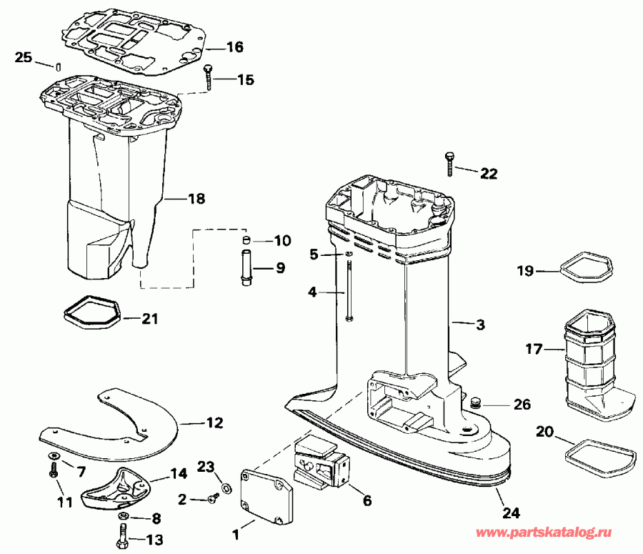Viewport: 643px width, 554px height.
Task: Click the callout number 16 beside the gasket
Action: [234, 48]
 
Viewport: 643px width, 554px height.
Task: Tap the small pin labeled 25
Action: [55, 66]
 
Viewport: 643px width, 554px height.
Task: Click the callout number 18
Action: [195, 199]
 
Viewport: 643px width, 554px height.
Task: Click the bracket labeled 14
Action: [118, 485]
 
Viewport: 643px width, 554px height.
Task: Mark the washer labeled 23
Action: [226, 488]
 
